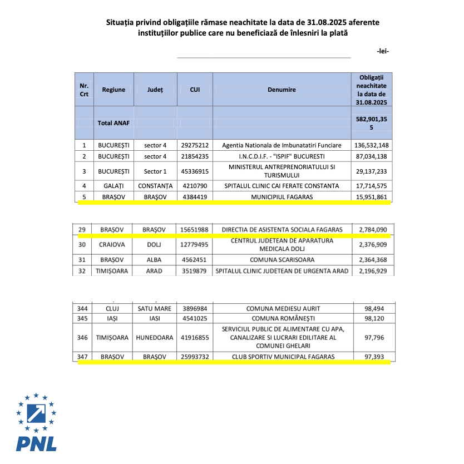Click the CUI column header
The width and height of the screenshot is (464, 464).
pyautogui.click(x=195, y=90)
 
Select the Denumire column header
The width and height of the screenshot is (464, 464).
pyautogui.click(x=282, y=90)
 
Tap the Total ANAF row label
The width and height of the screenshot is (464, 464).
pyautogui.click(x=113, y=123)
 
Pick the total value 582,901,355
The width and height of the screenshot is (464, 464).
pyautogui.click(x=371, y=123)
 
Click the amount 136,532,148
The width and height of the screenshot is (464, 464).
pyautogui.click(x=371, y=145)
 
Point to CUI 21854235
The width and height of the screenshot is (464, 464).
pyautogui.click(x=195, y=156)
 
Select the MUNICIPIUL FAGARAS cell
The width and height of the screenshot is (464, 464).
pyautogui.click(x=282, y=197)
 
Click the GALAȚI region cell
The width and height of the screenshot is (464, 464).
pyautogui.click(x=113, y=186)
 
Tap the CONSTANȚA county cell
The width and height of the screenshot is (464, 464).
pyautogui.click(x=156, y=186)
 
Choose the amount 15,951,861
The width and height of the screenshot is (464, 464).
pyautogui.click(x=371, y=197)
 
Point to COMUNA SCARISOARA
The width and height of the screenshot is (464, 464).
pyautogui.click(x=282, y=259)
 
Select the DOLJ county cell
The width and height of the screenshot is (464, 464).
pyautogui.click(x=156, y=244)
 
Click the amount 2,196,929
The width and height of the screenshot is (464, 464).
pyautogui.click(x=371, y=271)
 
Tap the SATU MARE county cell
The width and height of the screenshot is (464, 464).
pyautogui.click(x=156, y=308)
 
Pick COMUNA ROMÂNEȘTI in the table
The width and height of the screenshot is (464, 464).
pyautogui.click(x=282, y=319)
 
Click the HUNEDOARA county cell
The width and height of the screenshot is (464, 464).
pyautogui.click(x=156, y=338)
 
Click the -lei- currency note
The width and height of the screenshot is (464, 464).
pyautogui.click(x=382, y=51)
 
